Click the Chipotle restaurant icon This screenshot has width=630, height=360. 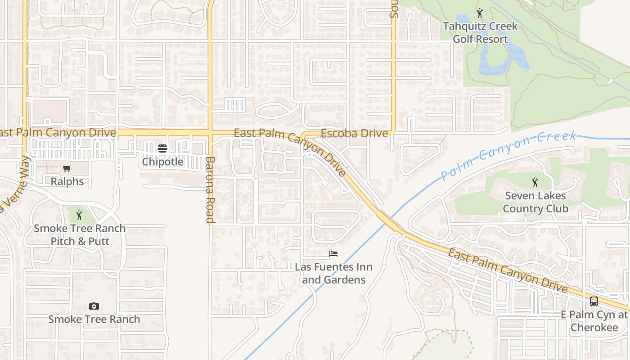point(162,148)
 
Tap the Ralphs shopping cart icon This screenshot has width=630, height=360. point(67,169)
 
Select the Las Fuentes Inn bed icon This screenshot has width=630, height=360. point(333,254)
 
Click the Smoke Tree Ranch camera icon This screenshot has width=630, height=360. point(94,306)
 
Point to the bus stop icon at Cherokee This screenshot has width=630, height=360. point(594,301)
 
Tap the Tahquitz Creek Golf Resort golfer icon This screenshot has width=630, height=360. point(480,13)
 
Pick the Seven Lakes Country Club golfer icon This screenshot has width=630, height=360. point(535,182)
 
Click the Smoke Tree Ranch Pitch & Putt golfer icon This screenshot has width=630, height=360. point(79,215)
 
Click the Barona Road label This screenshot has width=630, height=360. point(210,190)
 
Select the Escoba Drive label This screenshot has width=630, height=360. point(354,133)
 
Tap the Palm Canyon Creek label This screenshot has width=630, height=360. point(508,155)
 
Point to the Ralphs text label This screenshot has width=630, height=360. point(67,181)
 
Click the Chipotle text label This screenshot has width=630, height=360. point(162,162)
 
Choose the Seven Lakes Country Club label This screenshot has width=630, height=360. point(535,202)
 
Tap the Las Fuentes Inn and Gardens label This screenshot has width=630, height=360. point(333,273)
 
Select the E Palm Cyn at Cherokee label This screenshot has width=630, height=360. point(594,321)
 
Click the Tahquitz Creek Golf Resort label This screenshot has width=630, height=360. point(480,32)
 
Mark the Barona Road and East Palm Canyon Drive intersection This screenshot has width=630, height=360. point(210,133)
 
